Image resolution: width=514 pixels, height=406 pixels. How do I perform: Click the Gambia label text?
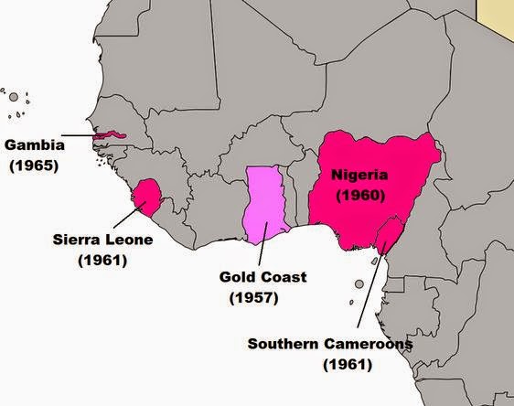point(31,145)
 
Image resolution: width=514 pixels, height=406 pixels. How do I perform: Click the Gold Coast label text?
point(262,277)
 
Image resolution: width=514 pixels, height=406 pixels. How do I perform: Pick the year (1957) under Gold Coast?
point(252,297)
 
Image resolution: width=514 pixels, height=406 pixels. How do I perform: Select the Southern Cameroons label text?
point(331,345)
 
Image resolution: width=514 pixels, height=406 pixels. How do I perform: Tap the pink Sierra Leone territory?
point(147,195)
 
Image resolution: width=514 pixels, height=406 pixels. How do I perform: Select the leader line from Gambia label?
point(80,136)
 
